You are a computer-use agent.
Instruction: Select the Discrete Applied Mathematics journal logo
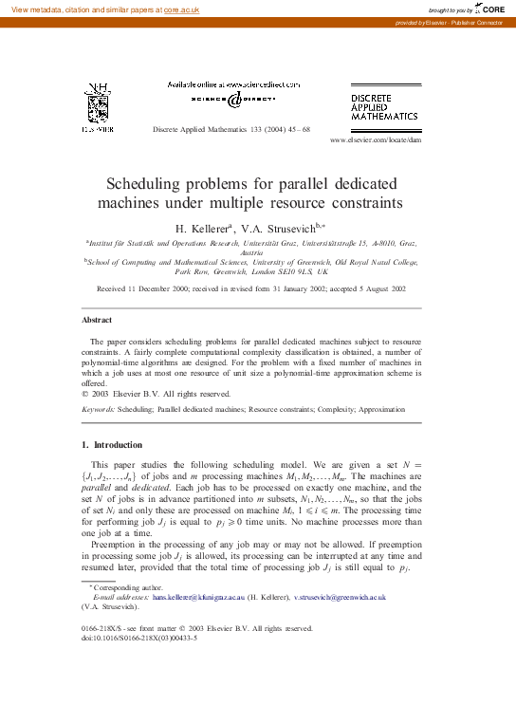tap(383, 106)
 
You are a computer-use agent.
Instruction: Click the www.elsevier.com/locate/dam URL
tap(375, 139)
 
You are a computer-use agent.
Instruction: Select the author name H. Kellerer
tap(202, 228)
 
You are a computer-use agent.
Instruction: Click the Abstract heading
tap(97, 321)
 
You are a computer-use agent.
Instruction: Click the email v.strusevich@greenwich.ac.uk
tap(340, 598)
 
